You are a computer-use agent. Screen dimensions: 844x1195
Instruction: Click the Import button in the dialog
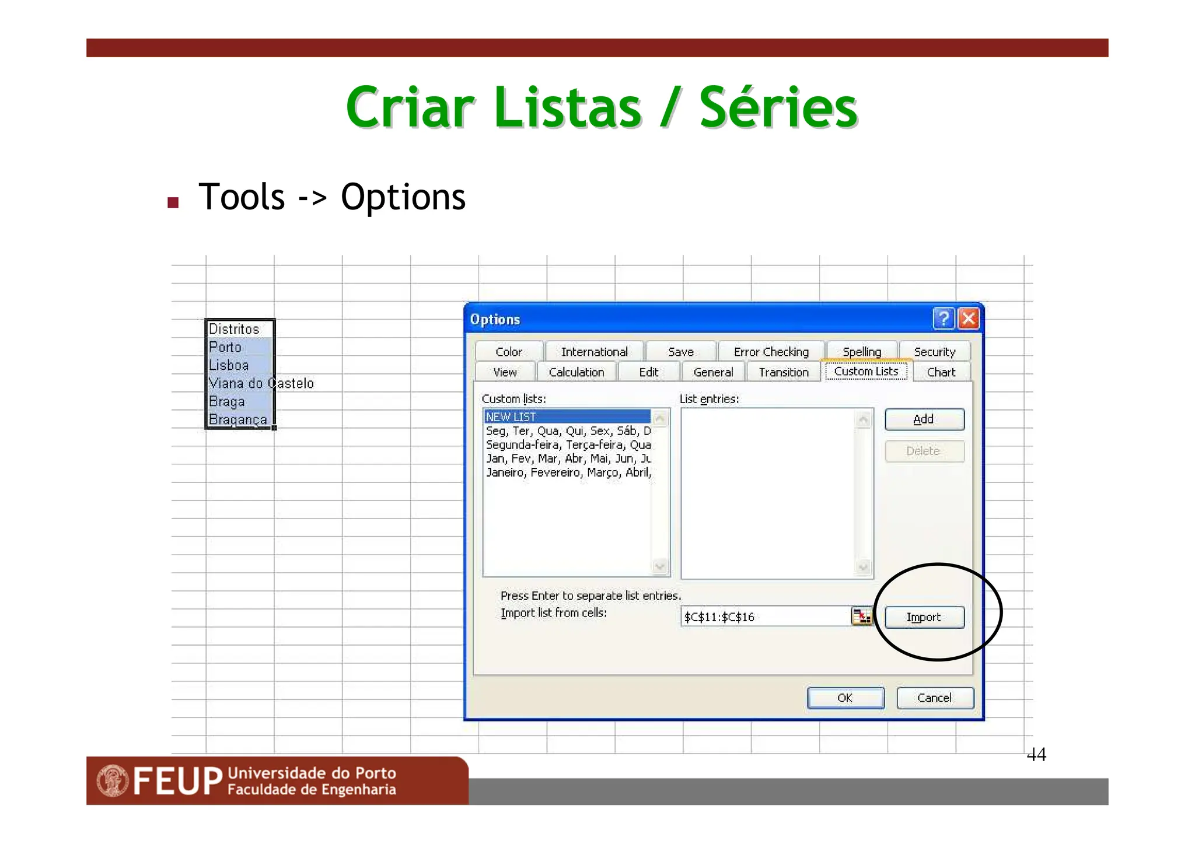click(924, 617)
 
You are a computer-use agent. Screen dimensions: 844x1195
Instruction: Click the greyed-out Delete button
click(924, 451)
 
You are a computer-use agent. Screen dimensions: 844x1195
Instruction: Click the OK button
click(845, 698)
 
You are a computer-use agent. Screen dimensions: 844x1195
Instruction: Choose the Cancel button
click(934, 698)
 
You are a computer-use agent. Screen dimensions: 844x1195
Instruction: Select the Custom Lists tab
click(866, 372)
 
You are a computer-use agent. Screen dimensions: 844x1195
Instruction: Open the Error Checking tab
click(771, 352)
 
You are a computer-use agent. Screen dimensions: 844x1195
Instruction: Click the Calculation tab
click(576, 372)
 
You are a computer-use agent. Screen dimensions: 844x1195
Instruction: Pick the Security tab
click(934, 352)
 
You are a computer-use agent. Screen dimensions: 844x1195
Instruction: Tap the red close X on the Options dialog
click(969, 318)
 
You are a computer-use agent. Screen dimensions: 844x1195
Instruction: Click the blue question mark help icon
click(944, 318)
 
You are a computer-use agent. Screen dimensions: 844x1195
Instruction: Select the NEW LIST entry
click(566, 416)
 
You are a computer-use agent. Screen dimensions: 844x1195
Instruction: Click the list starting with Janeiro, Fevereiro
click(568, 472)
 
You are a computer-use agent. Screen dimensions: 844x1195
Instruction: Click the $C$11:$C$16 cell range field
click(764, 617)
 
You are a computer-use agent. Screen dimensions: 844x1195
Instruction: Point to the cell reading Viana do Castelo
click(239, 383)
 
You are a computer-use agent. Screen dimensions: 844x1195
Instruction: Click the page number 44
click(1036, 755)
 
